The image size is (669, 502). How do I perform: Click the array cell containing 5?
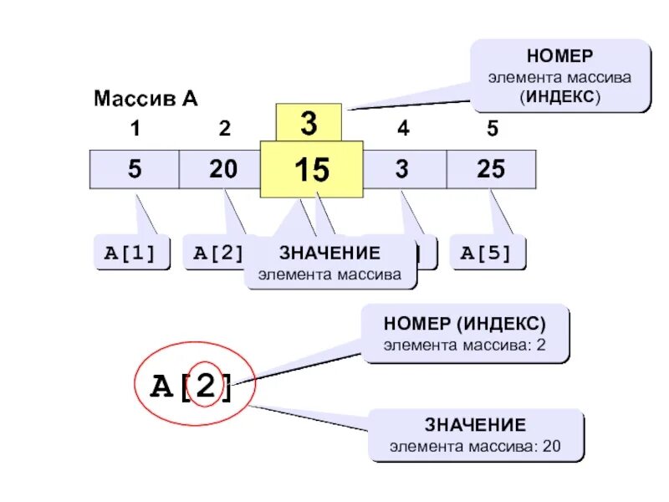click(x=135, y=170)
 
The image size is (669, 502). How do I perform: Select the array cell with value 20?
click(x=222, y=170)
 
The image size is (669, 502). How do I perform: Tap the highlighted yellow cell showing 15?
click(x=311, y=170)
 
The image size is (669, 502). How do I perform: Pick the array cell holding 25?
click(x=491, y=170)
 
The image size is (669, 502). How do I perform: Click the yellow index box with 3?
click(x=309, y=124)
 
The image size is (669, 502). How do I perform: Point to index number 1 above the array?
click(x=135, y=130)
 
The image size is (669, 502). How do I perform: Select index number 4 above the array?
click(x=403, y=130)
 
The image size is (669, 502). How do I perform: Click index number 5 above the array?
click(x=492, y=130)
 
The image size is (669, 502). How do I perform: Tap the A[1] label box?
click(x=130, y=254)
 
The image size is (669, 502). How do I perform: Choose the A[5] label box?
click(x=488, y=254)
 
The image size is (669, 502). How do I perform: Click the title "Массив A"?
click(x=146, y=100)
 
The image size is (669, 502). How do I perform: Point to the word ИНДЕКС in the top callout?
click(x=560, y=95)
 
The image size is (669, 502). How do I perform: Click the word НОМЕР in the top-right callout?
click(x=559, y=57)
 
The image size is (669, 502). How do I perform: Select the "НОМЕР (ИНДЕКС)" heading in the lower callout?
click(x=464, y=324)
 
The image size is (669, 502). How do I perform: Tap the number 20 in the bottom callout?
click(x=551, y=446)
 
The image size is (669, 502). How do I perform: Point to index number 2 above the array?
click(x=223, y=130)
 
